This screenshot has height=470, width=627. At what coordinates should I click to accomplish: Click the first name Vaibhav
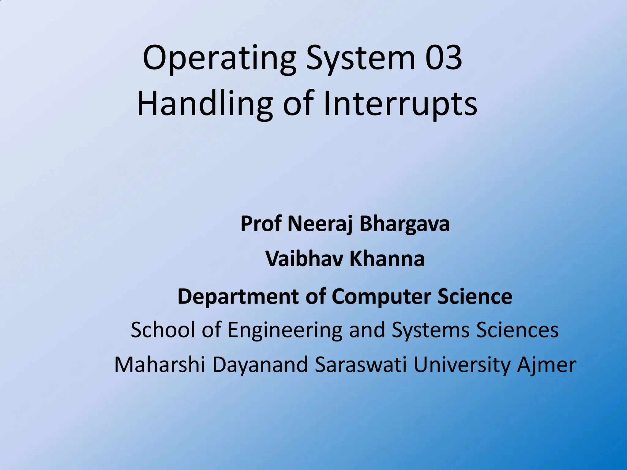304,259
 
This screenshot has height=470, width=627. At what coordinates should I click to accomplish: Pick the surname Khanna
387,259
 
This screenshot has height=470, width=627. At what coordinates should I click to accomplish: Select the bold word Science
475,296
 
